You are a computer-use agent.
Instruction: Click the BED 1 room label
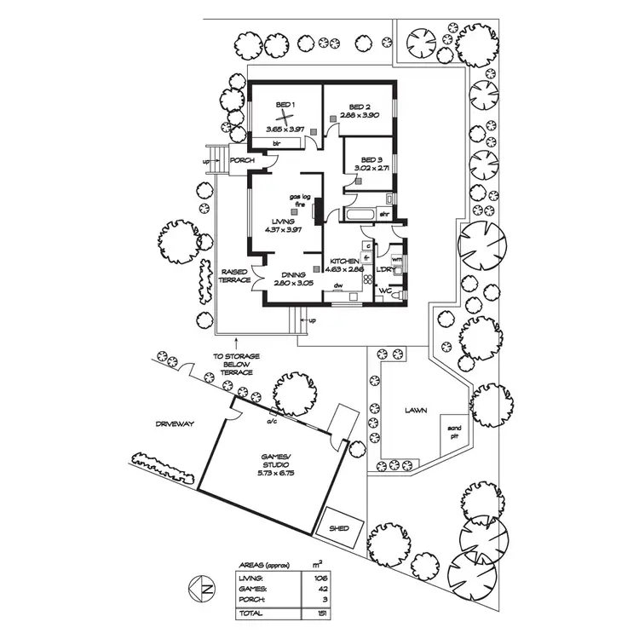[285, 105]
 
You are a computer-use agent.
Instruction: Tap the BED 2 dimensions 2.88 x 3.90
[359, 115]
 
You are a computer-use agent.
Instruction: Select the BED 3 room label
[371, 159]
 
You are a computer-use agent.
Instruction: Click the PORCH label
[242, 159]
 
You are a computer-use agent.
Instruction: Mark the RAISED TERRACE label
[234, 275]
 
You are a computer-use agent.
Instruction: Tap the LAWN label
[416, 410]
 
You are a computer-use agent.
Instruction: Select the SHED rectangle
[338, 529]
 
